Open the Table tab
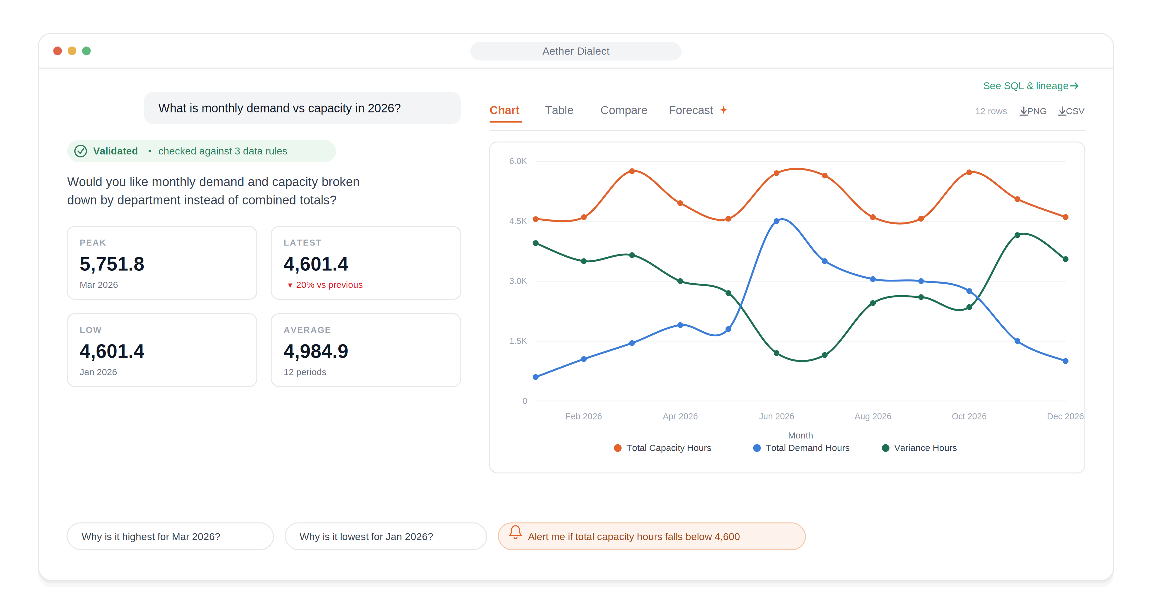point(559,110)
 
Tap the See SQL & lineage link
point(1031,86)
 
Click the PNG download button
point(1033,111)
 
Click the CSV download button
point(1071,111)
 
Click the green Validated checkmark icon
point(80,151)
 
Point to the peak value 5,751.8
point(112,264)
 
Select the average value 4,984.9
point(316,351)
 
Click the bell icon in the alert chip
point(515,532)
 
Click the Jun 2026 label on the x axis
point(776,416)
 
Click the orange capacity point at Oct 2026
point(969,172)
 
